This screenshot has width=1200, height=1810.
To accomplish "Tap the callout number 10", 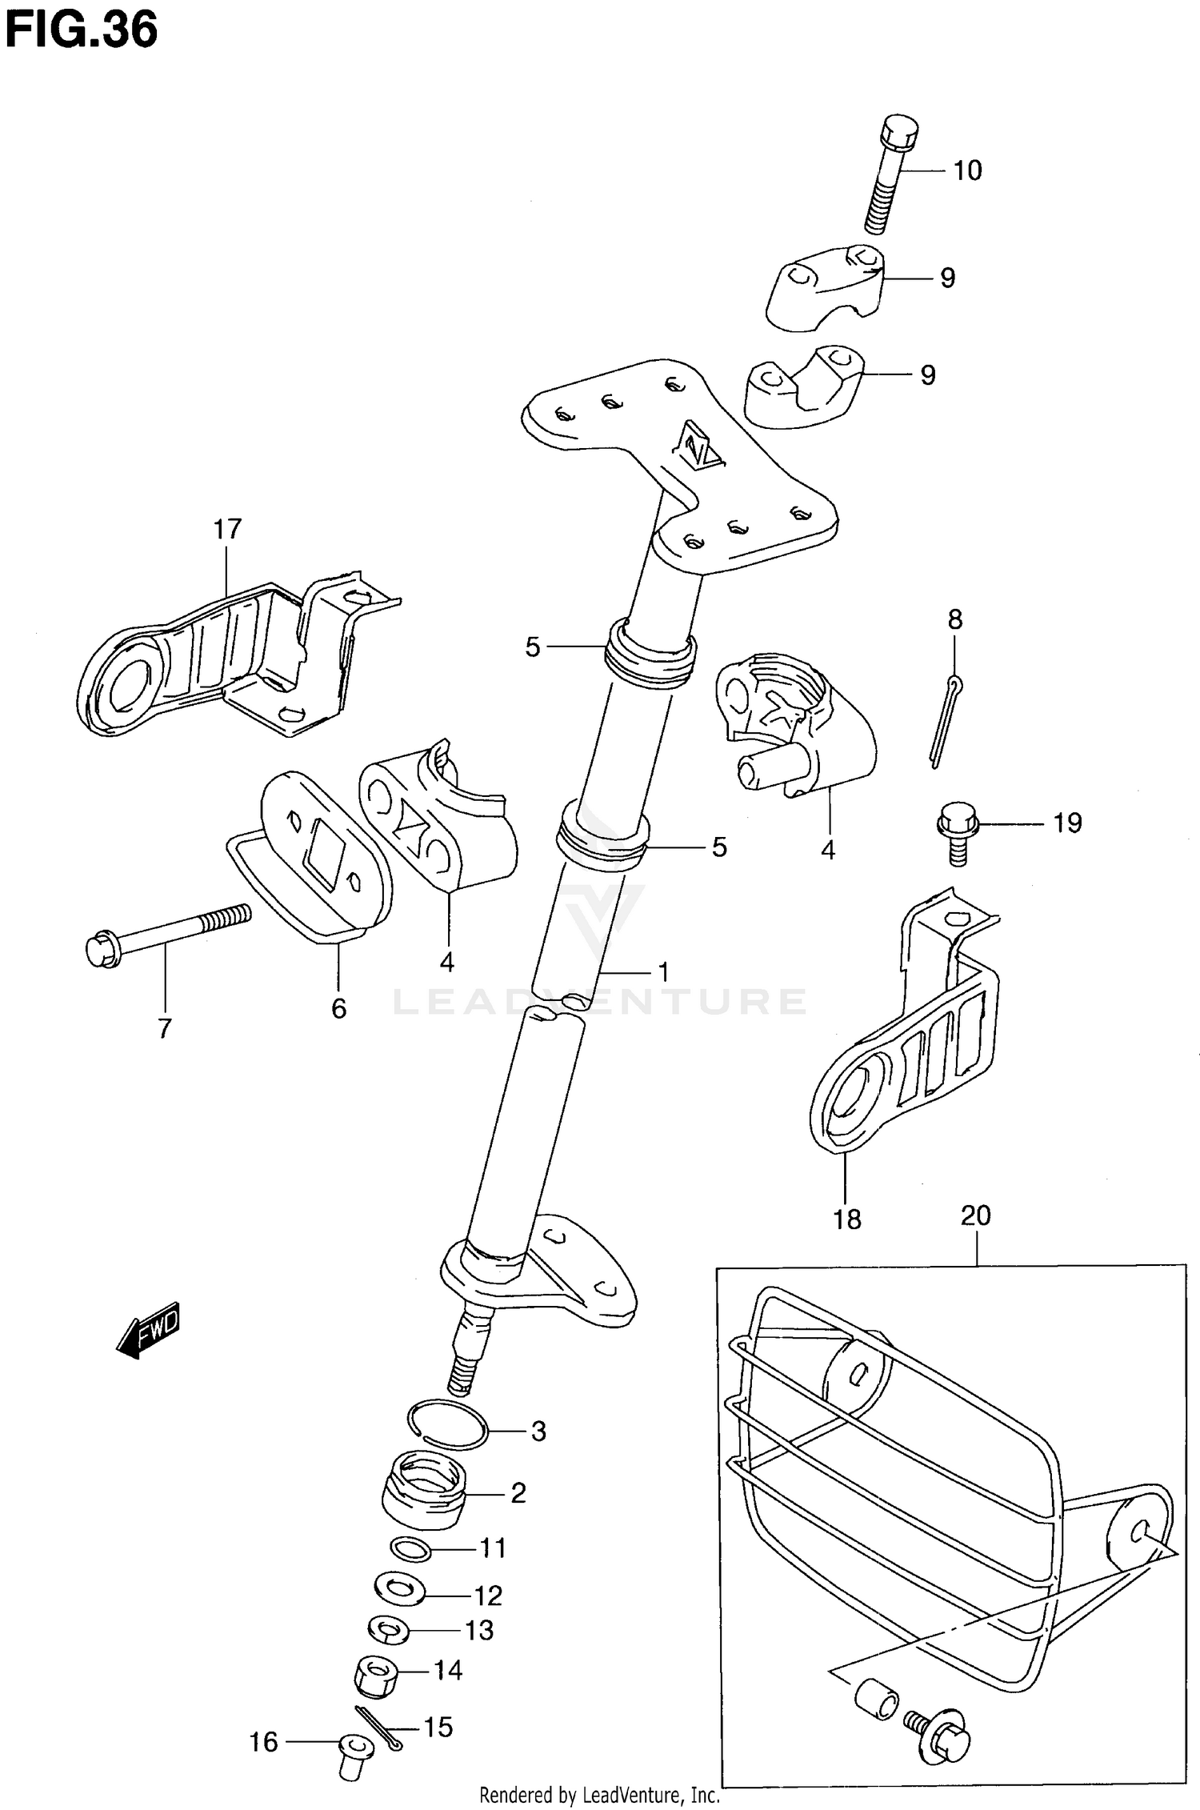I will coord(967,171).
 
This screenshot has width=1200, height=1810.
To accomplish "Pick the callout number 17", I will coord(227,529).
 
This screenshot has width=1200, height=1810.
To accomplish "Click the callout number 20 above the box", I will coord(975,1215).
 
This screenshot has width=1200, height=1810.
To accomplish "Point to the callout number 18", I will coord(846,1219).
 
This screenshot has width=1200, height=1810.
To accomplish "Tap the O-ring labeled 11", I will coord(411,1549).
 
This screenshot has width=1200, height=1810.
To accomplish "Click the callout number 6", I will coord(338,1008).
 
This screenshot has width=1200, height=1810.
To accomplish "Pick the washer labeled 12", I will coord(399,1588).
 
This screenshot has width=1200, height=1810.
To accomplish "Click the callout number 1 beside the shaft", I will coord(662,971).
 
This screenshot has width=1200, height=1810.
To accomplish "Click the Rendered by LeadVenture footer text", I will coord(599,1795).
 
